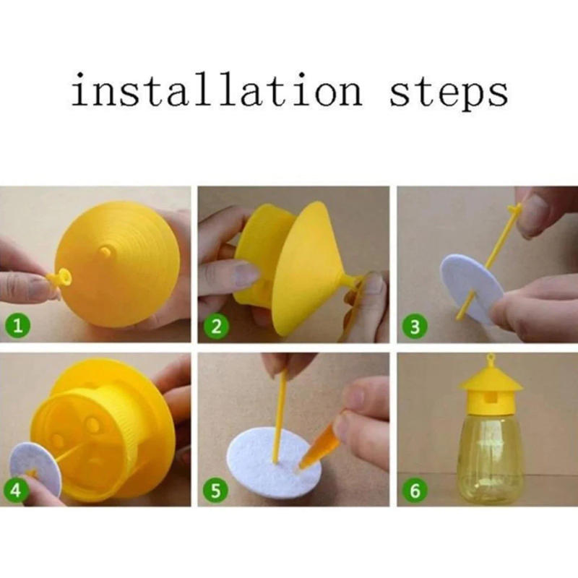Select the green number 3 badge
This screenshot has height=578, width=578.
[415, 327]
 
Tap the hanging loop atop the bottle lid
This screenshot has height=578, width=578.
[490, 358]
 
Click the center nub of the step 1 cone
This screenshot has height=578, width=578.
[105, 252]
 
